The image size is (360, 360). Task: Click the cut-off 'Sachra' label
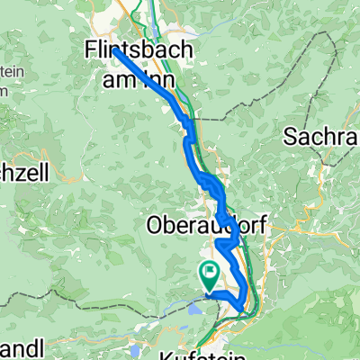(x=321, y=138)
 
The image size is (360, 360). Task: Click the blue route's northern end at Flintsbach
(x=115, y=51)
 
